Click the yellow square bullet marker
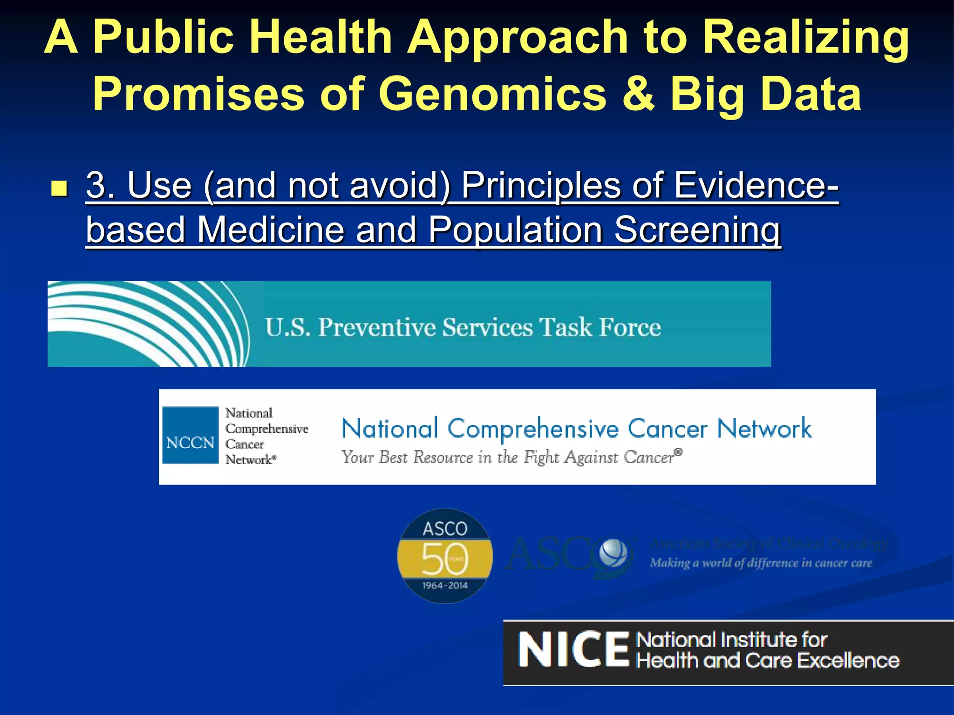tap(59, 189)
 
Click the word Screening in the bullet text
tap(697, 230)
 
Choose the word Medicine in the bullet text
tap(271, 230)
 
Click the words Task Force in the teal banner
tap(600, 327)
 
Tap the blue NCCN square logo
tap(190, 436)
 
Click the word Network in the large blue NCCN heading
tap(764, 429)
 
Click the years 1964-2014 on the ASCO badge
tap(445, 586)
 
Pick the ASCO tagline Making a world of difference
tap(760, 563)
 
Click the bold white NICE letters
tap(573, 650)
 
